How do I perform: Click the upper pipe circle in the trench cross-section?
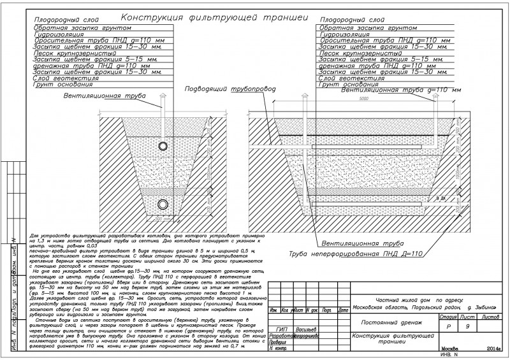[x=164, y=146]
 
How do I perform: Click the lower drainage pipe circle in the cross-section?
[x=164, y=204]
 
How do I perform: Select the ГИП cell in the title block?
[x=278, y=329]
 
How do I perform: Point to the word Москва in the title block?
[x=450, y=350]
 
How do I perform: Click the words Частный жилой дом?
[x=395, y=298]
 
